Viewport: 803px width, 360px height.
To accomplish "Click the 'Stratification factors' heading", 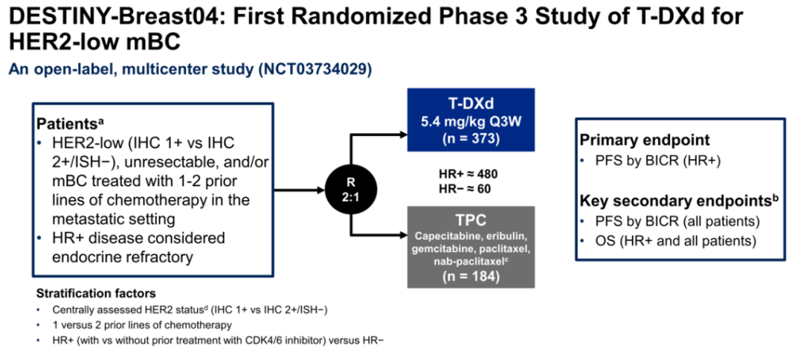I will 96,294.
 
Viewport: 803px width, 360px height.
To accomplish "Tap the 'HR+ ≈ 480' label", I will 468,174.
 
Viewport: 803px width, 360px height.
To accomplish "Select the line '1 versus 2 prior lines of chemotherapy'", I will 126,324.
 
